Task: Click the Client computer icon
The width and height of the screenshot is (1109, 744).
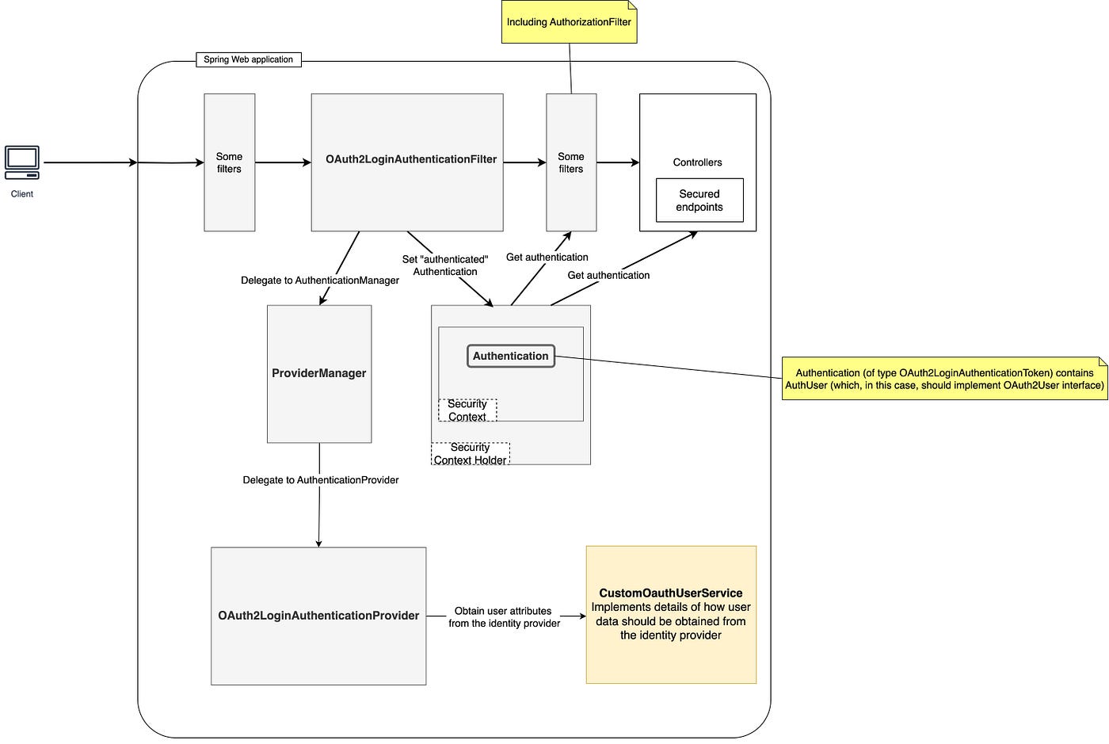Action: pos(22,162)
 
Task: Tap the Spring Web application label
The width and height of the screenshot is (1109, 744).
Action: pos(249,59)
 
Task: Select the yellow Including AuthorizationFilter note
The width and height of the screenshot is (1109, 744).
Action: pos(569,22)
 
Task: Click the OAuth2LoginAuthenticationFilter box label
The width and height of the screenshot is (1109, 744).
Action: pos(411,159)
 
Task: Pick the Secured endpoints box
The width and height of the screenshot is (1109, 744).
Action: pos(699,200)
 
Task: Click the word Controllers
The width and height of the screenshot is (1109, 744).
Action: pos(697,162)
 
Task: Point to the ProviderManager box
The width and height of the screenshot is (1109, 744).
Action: pos(319,374)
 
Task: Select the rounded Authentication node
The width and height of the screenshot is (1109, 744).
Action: pos(511,356)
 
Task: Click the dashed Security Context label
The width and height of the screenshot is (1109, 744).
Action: pos(467,410)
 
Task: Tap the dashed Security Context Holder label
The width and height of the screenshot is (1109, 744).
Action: pos(471,454)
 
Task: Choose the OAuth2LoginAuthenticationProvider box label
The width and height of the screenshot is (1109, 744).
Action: pos(318,615)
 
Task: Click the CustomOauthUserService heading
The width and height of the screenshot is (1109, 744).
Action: pos(671,593)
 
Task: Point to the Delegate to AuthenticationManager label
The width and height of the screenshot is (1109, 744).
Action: pos(320,280)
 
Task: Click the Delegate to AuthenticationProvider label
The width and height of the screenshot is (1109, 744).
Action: pos(320,480)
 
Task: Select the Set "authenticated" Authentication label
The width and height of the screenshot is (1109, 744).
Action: pos(445,265)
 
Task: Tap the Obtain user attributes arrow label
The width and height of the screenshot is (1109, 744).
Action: pos(504,617)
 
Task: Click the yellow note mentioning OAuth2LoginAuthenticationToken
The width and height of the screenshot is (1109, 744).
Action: pos(944,379)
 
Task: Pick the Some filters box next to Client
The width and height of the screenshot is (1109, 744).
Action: pos(230,162)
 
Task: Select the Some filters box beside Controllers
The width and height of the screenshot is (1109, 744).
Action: pos(571,162)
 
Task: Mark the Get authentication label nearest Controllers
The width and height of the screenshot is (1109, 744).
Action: pos(608,276)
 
